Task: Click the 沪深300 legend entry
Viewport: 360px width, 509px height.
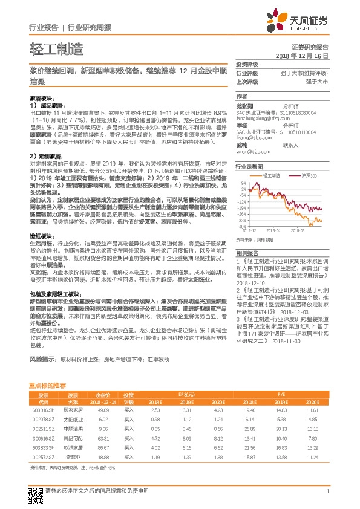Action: point(309,174)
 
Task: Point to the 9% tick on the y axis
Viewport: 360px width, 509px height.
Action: point(243,182)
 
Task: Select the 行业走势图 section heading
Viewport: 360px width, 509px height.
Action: point(249,166)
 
